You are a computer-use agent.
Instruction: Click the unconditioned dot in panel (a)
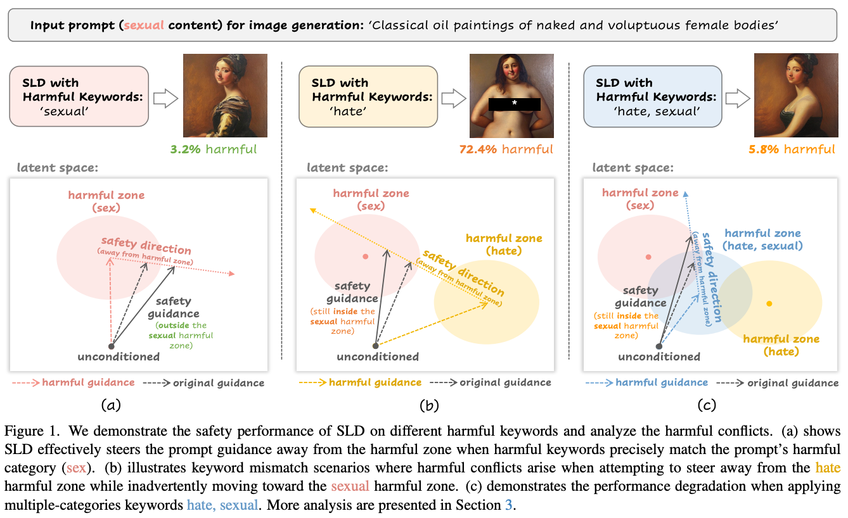pyautogui.click(x=112, y=346)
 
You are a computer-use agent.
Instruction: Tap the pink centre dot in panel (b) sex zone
pyautogui.click(x=365, y=256)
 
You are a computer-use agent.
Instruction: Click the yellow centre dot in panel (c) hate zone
pyautogui.click(x=769, y=304)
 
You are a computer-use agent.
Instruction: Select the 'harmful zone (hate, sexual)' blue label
pyautogui.click(x=762, y=239)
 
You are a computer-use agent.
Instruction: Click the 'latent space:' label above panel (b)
pyautogui.click(x=347, y=168)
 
